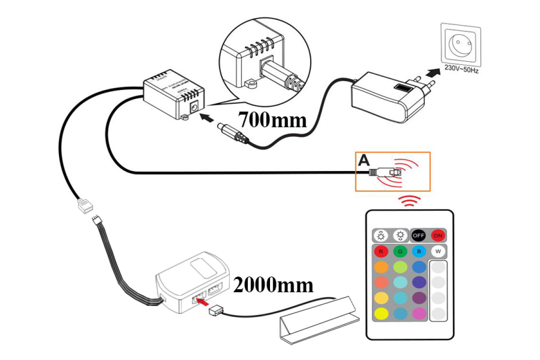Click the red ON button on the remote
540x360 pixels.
(x=438, y=235)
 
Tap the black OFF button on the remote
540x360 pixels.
(x=419, y=235)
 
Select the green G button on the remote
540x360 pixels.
(x=400, y=251)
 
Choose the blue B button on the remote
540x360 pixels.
(x=419, y=251)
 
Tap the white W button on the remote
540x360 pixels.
(x=438, y=251)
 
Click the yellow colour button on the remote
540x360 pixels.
(x=381, y=313)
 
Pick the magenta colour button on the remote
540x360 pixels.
(x=419, y=313)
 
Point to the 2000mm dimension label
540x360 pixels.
(x=273, y=285)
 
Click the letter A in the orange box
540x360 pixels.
(x=364, y=160)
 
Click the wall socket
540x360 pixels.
(x=460, y=44)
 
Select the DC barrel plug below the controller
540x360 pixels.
(x=231, y=133)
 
